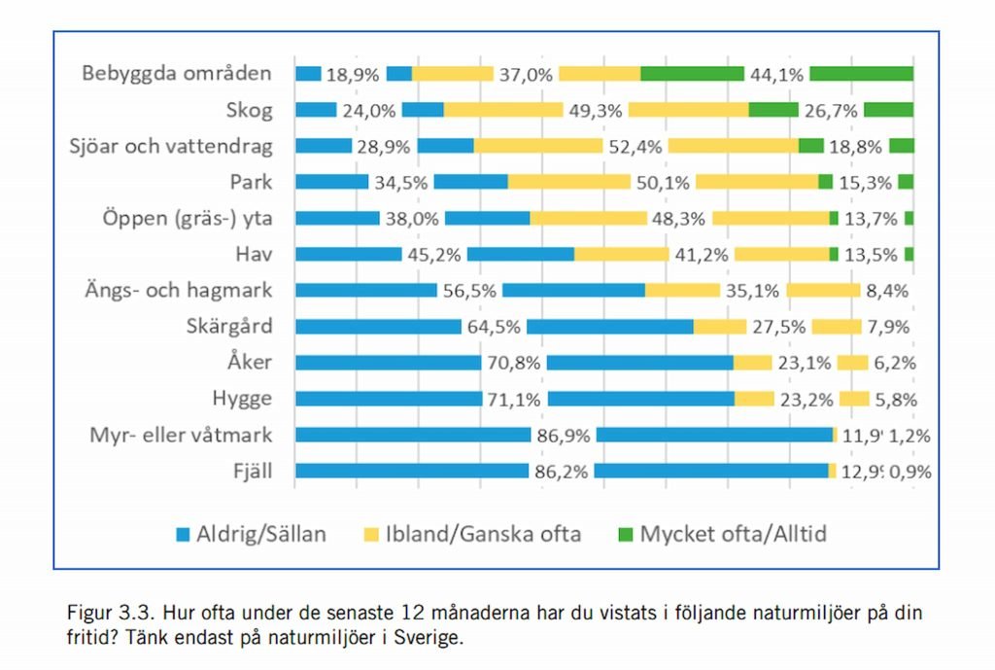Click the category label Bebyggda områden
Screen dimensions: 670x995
pyautogui.click(x=176, y=74)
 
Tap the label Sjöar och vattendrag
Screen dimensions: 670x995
pyautogui.click(x=171, y=146)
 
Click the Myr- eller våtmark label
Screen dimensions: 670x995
pyautogui.click(x=177, y=434)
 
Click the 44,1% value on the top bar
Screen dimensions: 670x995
pyautogui.click(x=776, y=74)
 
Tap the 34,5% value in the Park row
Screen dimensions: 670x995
pyautogui.click(x=400, y=182)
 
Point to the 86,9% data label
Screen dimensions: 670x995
pyautogui.click(x=563, y=435)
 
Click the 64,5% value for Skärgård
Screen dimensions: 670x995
pyautogui.click(x=494, y=327)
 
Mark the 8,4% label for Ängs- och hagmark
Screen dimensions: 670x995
pyautogui.click(x=889, y=290)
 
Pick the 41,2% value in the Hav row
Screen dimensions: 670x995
pyautogui.click(x=702, y=254)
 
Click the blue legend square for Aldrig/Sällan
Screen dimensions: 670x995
pyautogui.click(x=183, y=534)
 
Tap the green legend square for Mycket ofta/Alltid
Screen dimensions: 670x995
pyautogui.click(x=626, y=534)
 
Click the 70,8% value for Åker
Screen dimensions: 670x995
pyautogui.click(x=514, y=363)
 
